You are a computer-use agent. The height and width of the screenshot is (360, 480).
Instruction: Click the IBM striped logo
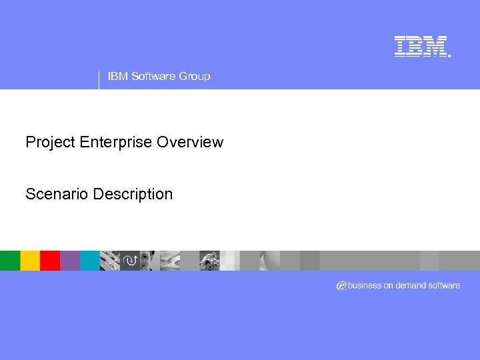pos(420,46)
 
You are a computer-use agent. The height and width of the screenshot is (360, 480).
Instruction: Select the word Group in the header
pos(194,77)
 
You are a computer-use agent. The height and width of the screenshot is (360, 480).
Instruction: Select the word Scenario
pos(57,194)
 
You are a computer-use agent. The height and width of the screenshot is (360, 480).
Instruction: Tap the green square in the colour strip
pos(10,261)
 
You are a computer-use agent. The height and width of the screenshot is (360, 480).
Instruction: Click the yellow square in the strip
pos(30,261)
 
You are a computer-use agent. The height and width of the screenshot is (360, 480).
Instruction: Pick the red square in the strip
pos(50,261)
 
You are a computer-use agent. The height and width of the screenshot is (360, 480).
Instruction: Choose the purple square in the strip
pos(70,261)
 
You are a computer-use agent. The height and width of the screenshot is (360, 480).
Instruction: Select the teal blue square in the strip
pos(90,261)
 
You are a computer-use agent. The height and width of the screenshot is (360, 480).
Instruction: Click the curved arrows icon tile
pos(130,261)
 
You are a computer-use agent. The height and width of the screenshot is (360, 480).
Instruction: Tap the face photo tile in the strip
pos(149,261)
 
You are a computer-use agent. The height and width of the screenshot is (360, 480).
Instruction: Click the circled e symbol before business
pos(341,285)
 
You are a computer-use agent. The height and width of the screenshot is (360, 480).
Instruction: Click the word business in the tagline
pos(365,285)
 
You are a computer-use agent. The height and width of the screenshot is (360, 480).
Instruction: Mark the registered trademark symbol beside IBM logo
pos(449,56)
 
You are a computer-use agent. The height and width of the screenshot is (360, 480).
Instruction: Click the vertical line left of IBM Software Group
pos(99,79)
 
